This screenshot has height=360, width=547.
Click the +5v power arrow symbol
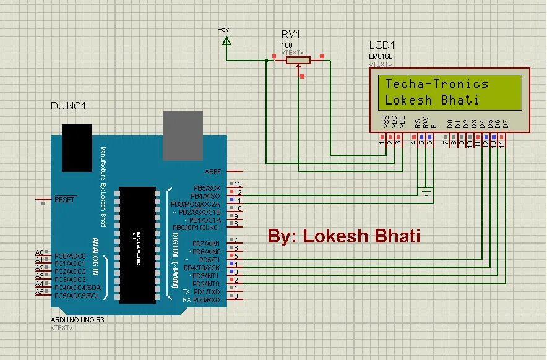(x=226, y=41)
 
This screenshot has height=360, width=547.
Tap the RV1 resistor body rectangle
(x=298, y=60)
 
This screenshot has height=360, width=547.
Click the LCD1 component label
(x=382, y=46)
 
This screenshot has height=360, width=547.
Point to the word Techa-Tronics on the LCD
(x=437, y=84)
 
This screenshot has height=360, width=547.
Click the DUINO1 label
(x=68, y=106)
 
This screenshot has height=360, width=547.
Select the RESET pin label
(x=65, y=200)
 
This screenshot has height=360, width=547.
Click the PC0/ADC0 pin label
(x=69, y=255)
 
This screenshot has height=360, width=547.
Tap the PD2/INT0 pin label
(x=207, y=284)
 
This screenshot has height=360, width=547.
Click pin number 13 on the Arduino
(x=237, y=185)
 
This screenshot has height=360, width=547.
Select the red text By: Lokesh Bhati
(x=344, y=236)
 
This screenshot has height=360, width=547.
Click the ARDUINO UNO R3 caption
(x=78, y=320)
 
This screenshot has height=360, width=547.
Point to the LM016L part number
(x=381, y=56)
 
